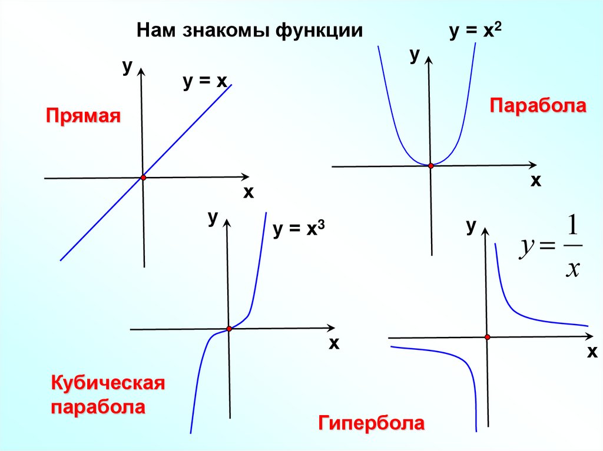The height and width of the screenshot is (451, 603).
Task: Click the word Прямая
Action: coord(83,115)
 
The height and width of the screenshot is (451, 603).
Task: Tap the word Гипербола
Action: coord(372,423)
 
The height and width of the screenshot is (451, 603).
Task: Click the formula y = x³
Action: coord(299,230)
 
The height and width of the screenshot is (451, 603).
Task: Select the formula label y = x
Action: coord(204,83)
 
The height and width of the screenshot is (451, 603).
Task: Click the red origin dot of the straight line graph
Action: coord(143,178)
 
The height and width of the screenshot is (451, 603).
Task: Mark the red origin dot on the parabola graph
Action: coord(430,166)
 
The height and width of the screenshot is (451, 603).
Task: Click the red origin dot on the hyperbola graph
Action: coord(488,337)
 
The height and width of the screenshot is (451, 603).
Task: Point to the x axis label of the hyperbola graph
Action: coord(591,353)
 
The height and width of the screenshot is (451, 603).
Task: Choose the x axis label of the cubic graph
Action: coord(334,343)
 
